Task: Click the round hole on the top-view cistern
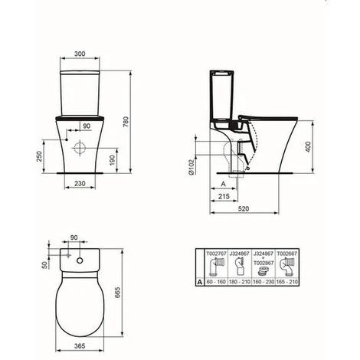click(x=80, y=263)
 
